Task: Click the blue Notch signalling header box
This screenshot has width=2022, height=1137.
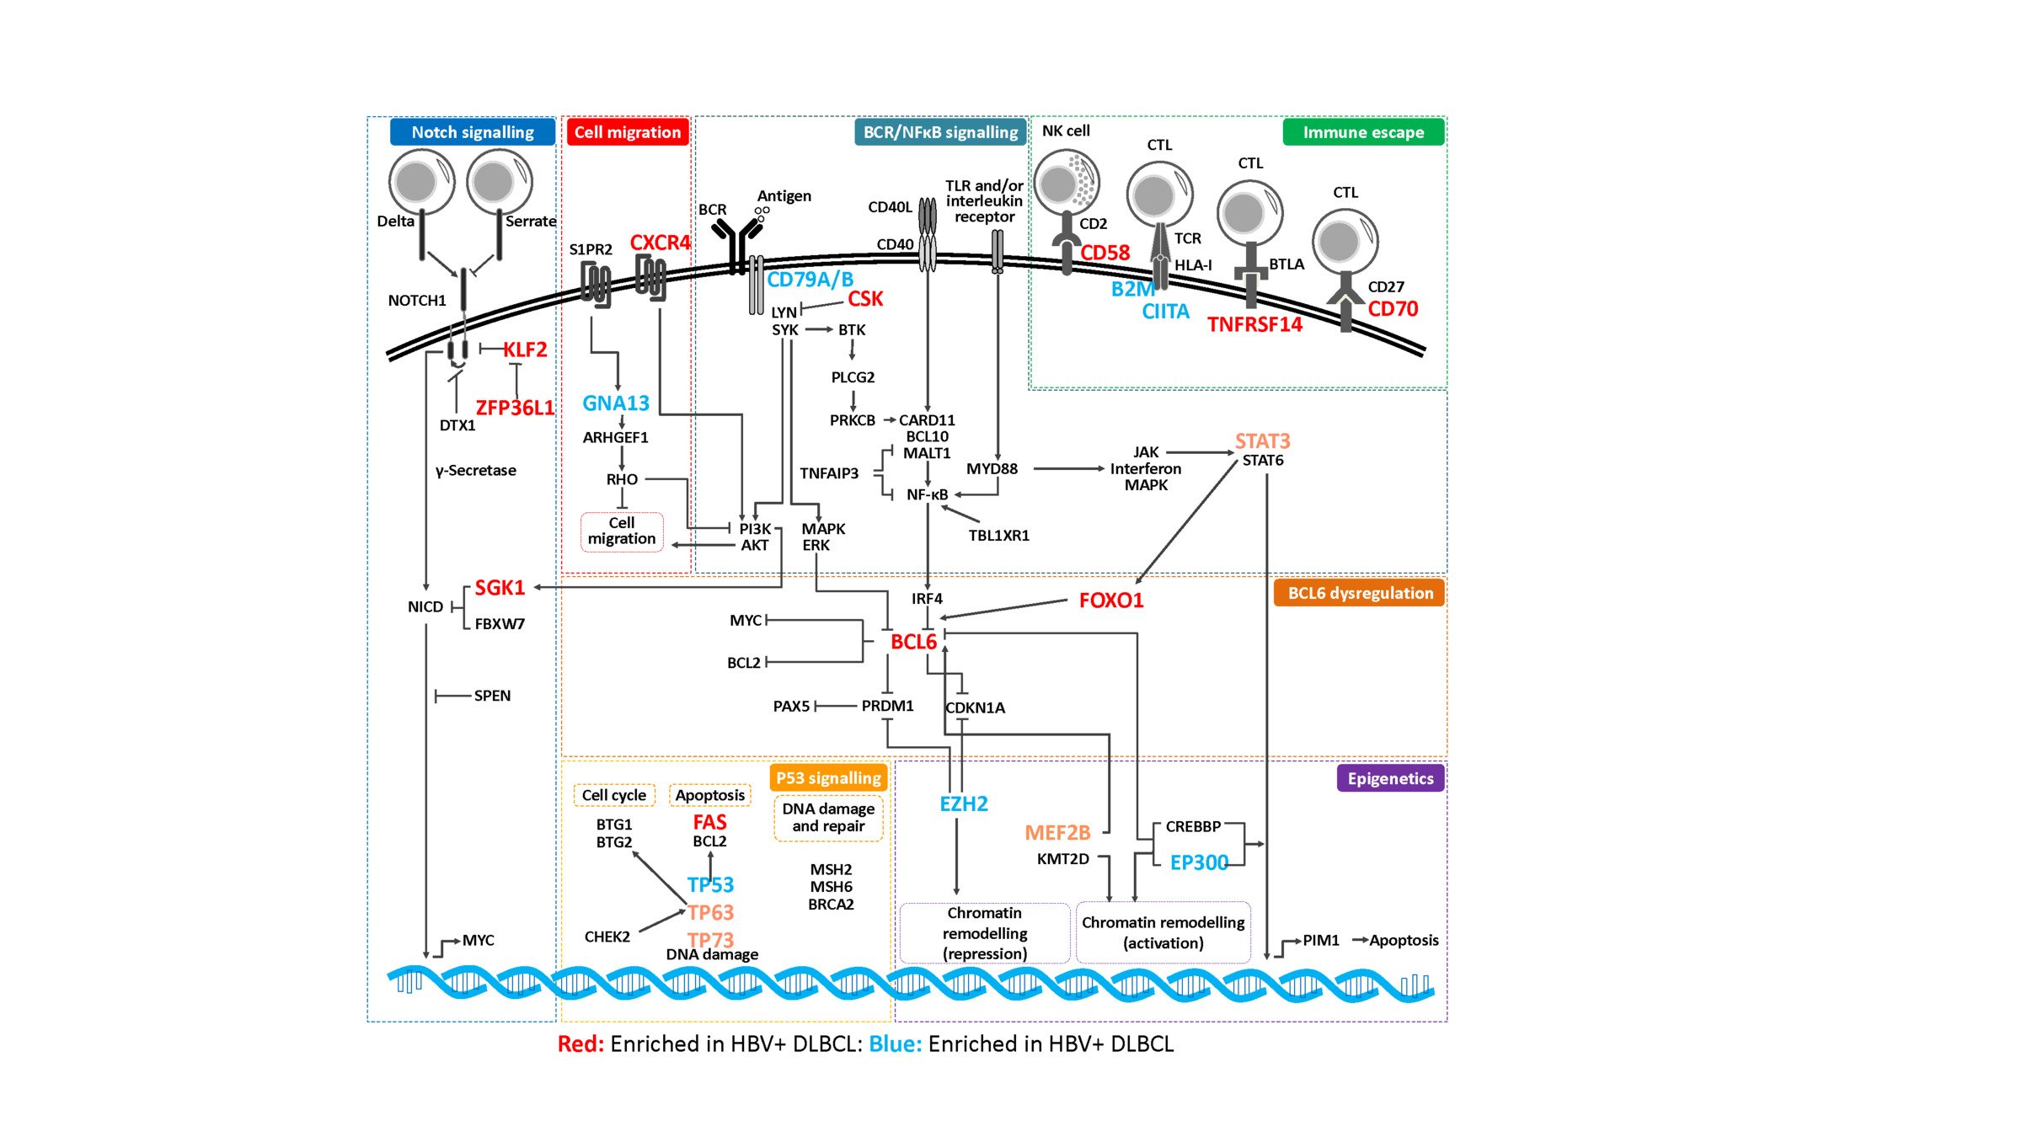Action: (472, 132)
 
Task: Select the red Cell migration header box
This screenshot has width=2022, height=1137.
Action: (628, 132)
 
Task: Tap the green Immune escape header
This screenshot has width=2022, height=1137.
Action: (1362, 132)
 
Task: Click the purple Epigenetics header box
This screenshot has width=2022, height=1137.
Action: (1390, 778)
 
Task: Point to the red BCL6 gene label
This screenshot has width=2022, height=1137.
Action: (913, 642)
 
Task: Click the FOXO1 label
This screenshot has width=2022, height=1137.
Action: (1110, 601)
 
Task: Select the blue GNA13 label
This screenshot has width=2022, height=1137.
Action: (616, 403)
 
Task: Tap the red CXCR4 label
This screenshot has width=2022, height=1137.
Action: (660, 243)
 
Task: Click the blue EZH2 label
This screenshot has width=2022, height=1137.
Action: (963, 803)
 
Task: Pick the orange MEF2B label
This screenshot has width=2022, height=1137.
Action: (1057, 833)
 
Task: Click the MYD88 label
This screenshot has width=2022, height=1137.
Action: (992, 468)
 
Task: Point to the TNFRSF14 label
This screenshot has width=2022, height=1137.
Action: (1254, 324)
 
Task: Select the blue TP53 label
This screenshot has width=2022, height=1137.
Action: (710, 884)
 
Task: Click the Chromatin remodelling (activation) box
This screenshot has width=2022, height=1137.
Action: (1163, 932)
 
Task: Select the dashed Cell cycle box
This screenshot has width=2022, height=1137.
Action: (613, 795)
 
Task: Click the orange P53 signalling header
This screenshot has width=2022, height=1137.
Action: (828, 778)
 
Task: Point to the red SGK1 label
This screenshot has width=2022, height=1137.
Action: (500, 588)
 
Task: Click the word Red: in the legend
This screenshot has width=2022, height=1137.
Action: (580, 1044)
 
